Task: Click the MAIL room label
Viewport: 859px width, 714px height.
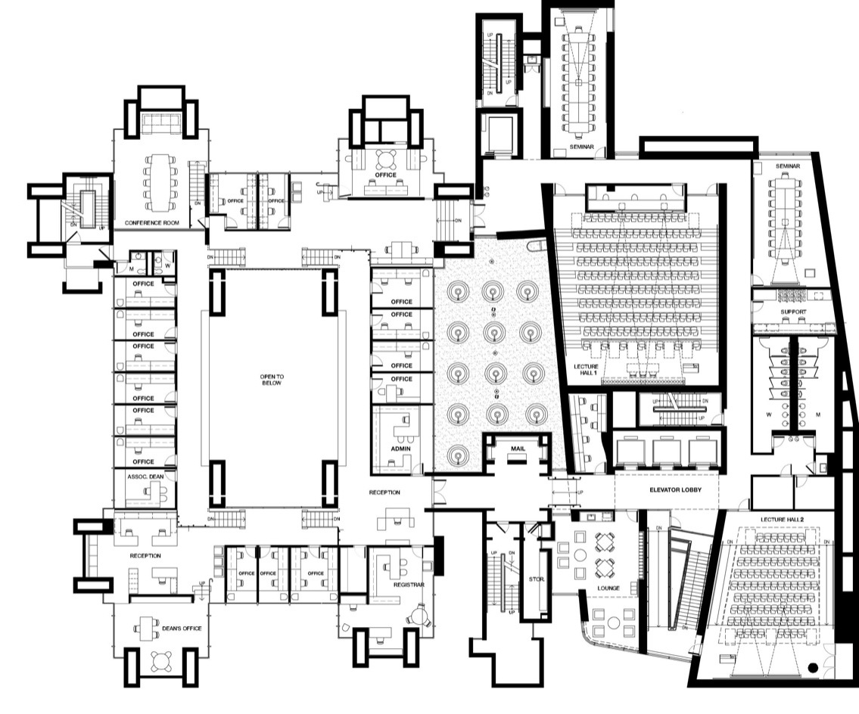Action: click(x=518, y=449)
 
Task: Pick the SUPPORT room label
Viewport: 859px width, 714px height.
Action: click(x=793, y=312)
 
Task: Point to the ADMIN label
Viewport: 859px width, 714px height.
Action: click(x=400, y=448)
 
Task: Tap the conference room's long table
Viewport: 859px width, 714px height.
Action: click(x=161, y=182)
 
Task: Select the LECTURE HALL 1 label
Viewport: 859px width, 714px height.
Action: click(x=586, y=371)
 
